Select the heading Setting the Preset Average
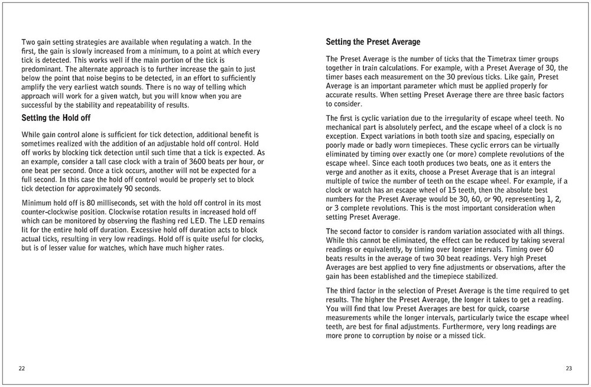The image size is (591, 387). pos(373,43)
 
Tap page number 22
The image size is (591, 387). pos(22,368)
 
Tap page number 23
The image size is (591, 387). pos(569,368)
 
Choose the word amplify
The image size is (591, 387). pos(34,87)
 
